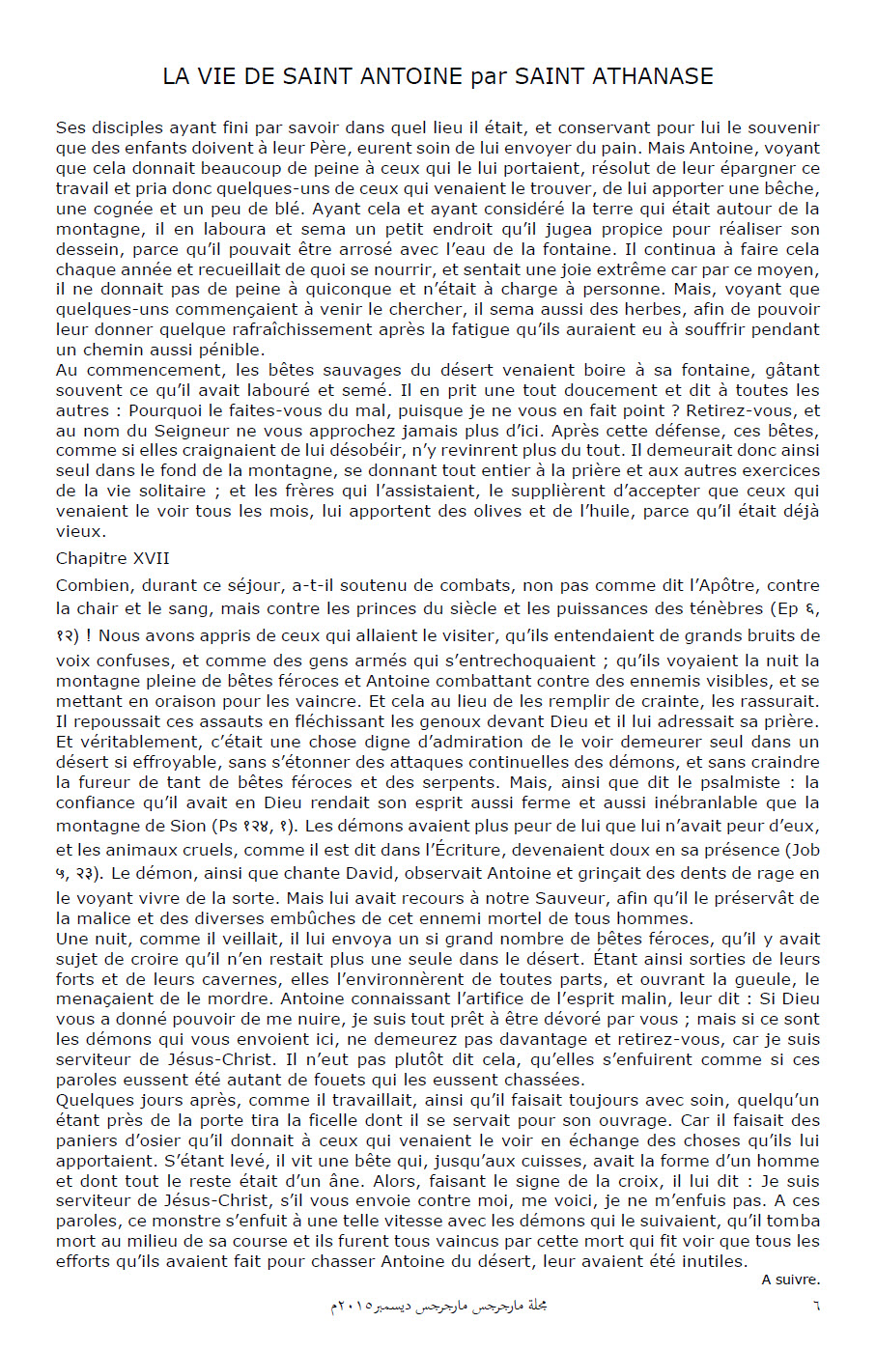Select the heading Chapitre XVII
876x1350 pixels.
[113, 558]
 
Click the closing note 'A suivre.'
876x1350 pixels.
[790, 1280]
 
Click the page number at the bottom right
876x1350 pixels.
[815, 1306]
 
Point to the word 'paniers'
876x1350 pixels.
[84, 1140]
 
